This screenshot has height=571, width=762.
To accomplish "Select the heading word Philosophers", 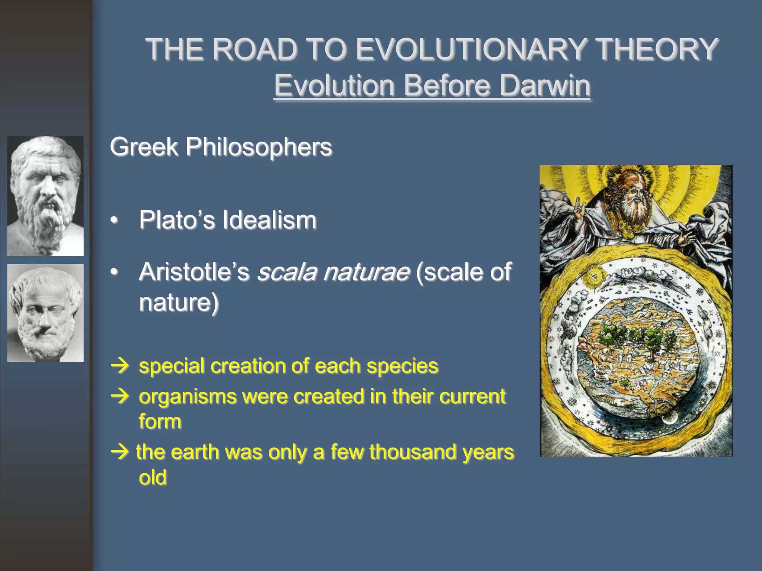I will click(259, 146).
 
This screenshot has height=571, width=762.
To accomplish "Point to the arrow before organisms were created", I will click(120, 397).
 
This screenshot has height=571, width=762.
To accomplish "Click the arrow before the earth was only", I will click(120, 452).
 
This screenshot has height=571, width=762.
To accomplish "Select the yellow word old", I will click(152, 477).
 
